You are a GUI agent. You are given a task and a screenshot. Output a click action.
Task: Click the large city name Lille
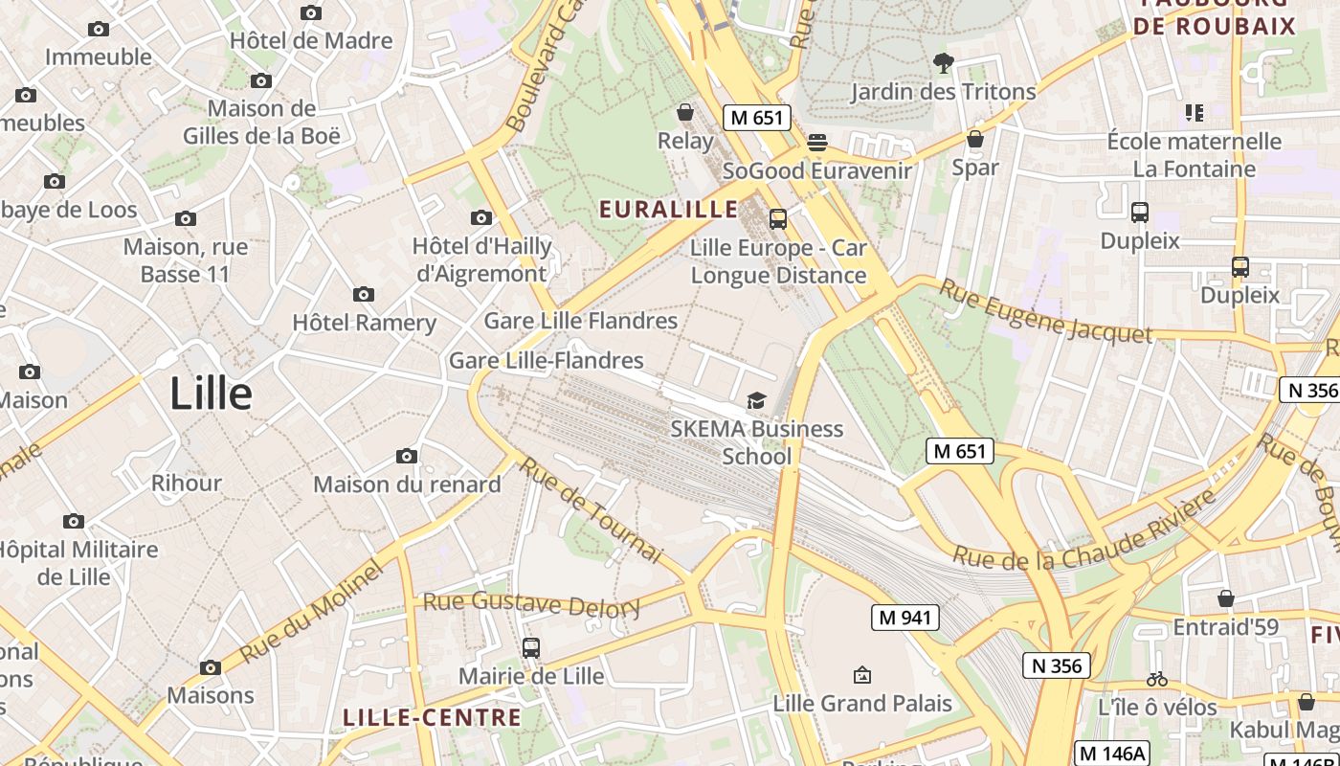click(x=211, y=394)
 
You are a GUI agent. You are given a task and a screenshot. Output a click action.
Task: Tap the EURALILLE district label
click(x=668, y=209)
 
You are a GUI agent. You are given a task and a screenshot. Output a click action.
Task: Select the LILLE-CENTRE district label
click(x=433, y=717)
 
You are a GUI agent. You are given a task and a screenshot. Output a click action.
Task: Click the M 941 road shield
click(x=904, y=618)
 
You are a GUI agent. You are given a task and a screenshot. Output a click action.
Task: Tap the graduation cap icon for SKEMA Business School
click(x=756, y=400)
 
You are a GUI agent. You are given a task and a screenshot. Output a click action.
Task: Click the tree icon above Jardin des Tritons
click(x=943, y=63)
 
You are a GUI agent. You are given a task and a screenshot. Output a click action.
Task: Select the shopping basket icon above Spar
click(x=975, y=139)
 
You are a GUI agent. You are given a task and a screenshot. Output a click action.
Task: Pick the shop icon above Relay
click(x=685, y=113)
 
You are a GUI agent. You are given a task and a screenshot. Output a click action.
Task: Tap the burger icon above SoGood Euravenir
click(x=816, y=143)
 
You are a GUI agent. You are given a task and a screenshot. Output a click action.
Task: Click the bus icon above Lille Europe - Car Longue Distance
click(x=778, y=219)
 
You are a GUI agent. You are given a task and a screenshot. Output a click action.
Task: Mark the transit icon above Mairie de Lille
click(x=531, y=648)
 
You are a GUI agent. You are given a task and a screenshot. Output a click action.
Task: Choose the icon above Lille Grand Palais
click(x=861, y=675)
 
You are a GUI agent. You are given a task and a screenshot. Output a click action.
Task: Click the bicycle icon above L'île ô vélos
click(x=1156, y=679)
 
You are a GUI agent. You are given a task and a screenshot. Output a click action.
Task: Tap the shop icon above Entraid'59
click(x=1225, y=598)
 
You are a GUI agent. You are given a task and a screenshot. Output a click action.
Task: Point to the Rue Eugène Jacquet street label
click(x=1045, y=311)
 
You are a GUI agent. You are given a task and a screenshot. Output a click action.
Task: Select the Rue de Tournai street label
click(x=591, y=509)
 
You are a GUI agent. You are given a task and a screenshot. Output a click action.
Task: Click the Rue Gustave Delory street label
click(x=531, y=604)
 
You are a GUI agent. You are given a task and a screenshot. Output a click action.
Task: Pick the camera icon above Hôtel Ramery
click(x=364, y=294)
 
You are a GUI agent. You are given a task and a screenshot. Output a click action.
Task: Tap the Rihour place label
click(x=186, y=483)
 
